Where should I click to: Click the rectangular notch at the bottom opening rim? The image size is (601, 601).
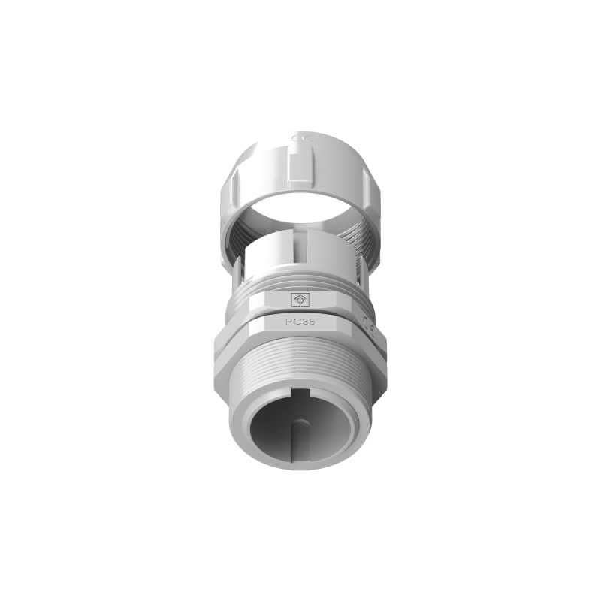tap(304, 394)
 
